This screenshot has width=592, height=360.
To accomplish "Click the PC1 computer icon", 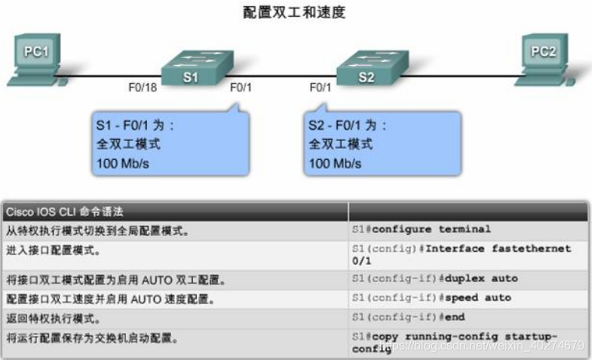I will [x=33, y=57].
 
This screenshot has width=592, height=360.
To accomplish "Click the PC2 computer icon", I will [x=548, y=57].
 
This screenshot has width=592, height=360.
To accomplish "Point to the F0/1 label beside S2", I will [x=321, y=88].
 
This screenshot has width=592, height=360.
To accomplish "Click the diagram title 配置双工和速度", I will [x=295, y=12].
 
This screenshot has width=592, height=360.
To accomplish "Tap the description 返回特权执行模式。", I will [x=52, y=318].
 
